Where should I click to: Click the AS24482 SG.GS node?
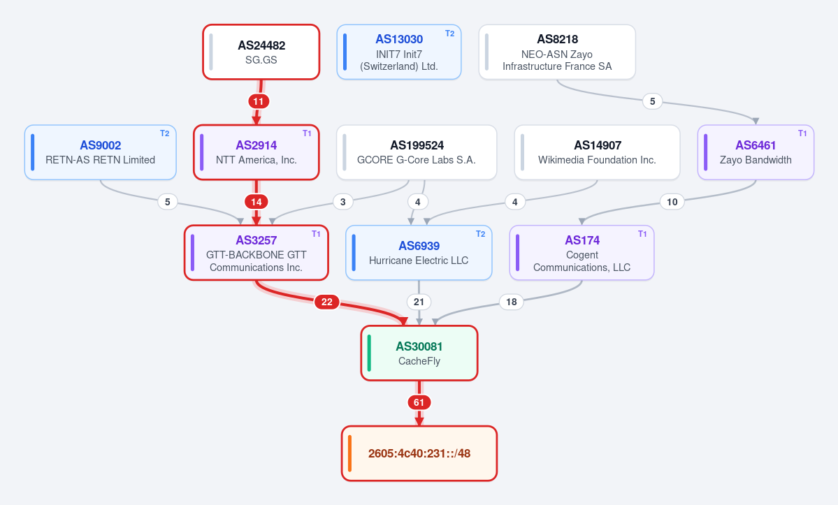pos(261,52)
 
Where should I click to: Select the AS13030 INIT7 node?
pos(398,52)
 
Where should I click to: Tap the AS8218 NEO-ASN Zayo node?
pos(557,52)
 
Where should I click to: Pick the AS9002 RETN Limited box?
pos(101,153)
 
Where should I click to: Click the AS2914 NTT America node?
pos(257,153)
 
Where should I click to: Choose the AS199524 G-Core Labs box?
pos(417,153)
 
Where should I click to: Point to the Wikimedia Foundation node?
pos(597,153)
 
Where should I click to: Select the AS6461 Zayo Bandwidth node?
pos(756,153)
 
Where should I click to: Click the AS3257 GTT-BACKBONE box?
pos(257,253)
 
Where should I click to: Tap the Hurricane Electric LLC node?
pos(419,253)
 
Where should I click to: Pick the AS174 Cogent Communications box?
pos(582,253)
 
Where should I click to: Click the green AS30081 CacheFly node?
pos(419,353)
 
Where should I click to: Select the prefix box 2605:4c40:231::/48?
pos(419,454)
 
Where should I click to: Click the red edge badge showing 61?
pos(419,402)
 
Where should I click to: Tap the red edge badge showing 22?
pos(327,302)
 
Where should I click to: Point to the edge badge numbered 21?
pos(419,302)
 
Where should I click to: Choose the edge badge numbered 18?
pos(512,302)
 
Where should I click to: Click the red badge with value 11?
pos(259,101)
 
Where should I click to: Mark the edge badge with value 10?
pos(672,202)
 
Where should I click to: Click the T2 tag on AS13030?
pos(450,34)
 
